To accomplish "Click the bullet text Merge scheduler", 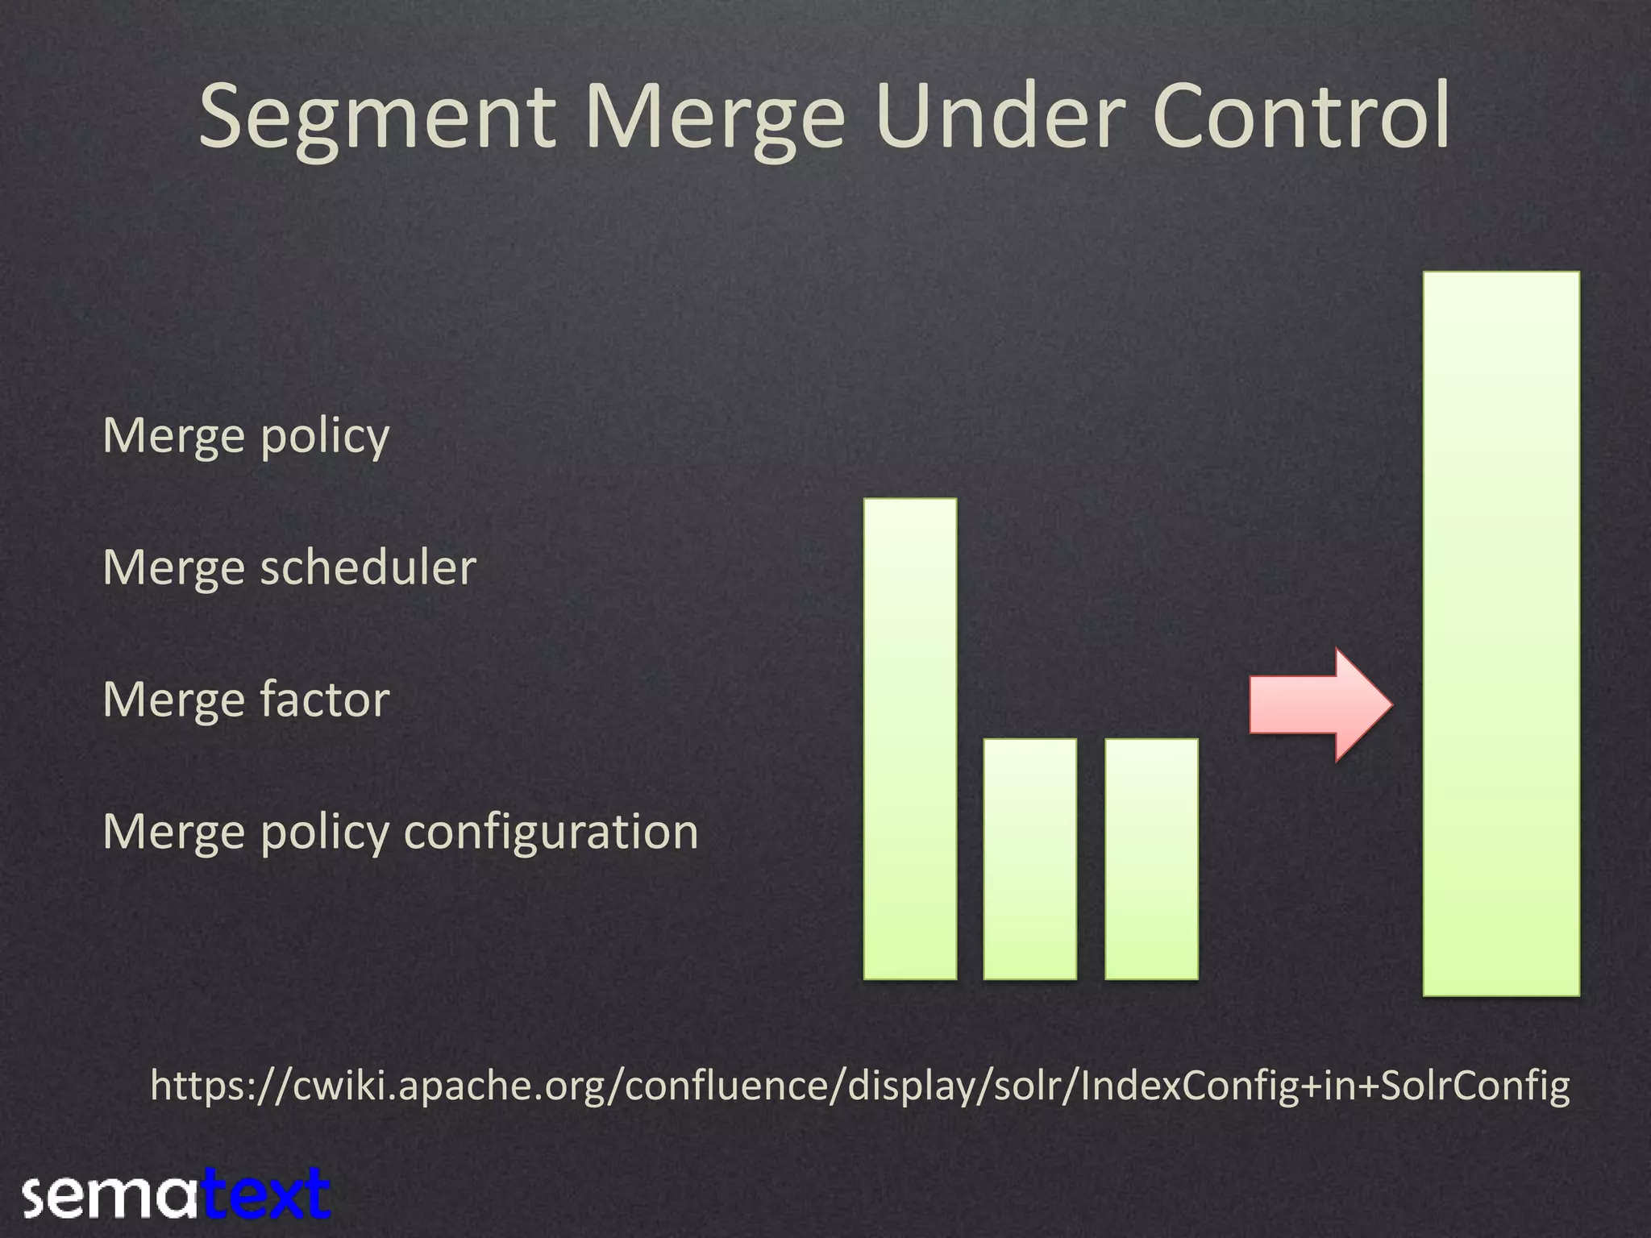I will coord(289,567).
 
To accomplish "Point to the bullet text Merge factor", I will coord(246,700).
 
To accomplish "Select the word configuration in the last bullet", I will coord(551,832).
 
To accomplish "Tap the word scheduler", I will coord(368,567).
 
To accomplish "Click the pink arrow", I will coord(1320,704).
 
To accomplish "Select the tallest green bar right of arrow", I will coord(1500,634).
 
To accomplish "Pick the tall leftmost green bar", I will coord(910,739).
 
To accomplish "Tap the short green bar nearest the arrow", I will coord(1151,859).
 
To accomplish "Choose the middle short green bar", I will coord(1029,859).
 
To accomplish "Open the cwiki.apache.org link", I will coord(860,1086).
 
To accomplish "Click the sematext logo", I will coord(177,1194).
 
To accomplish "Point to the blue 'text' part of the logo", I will coord(266,1194).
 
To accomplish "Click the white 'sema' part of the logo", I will coord(110,1196).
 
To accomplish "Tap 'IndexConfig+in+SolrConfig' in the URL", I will coord(1325,1086).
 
